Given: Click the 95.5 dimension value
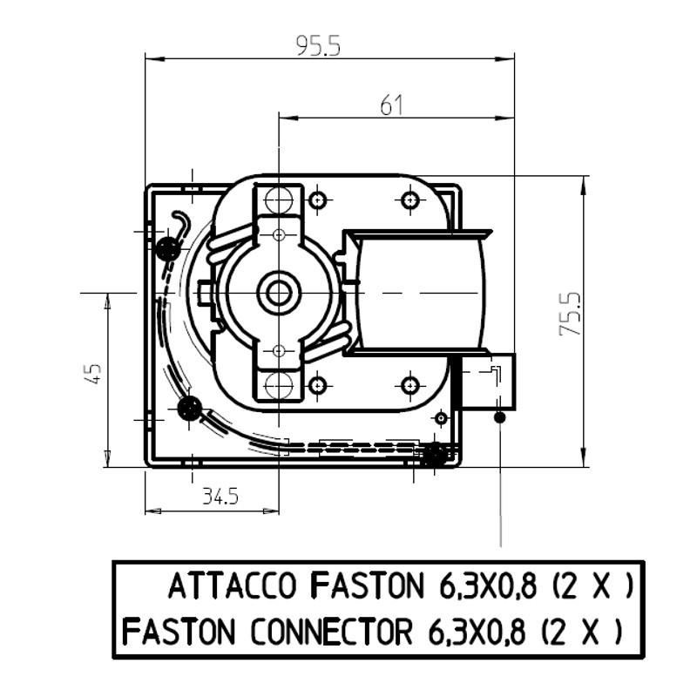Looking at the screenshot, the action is point(318,46).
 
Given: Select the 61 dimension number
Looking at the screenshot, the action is point(391,105).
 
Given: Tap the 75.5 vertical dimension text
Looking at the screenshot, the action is point(571,314).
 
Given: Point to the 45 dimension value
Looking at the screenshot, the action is point(93,374).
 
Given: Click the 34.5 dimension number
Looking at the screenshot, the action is point(221,496).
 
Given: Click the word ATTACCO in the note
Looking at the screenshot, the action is point(232,585).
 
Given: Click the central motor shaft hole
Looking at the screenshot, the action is point(278,293).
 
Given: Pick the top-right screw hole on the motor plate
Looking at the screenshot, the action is point(409,200).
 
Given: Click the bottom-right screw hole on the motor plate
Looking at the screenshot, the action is point(409,385).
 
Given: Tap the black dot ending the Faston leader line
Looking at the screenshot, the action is point(500,417).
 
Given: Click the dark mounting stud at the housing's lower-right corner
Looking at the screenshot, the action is point(434,454).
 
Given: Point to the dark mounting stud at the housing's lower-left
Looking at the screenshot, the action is point(189,407).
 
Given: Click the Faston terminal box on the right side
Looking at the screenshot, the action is point(489,382).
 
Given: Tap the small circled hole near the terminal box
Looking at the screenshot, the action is point(442,418).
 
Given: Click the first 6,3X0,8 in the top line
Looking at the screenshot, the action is point(488,585).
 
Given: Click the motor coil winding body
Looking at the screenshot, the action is point(420,293).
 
